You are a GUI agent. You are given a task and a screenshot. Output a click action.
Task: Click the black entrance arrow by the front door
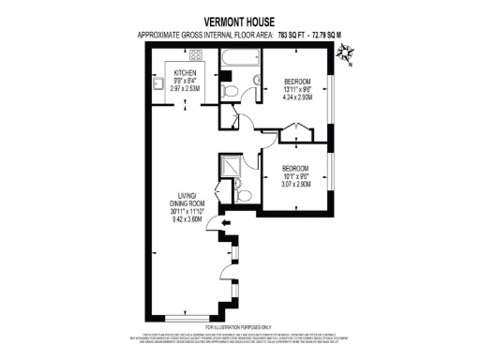(213, 223)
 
